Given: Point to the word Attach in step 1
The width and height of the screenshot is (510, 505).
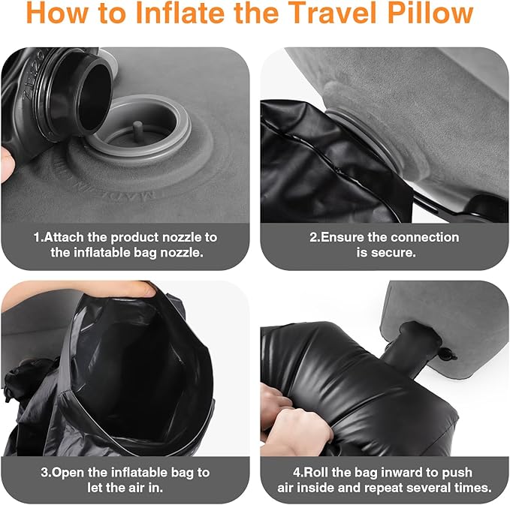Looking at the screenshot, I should pos(65,237).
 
